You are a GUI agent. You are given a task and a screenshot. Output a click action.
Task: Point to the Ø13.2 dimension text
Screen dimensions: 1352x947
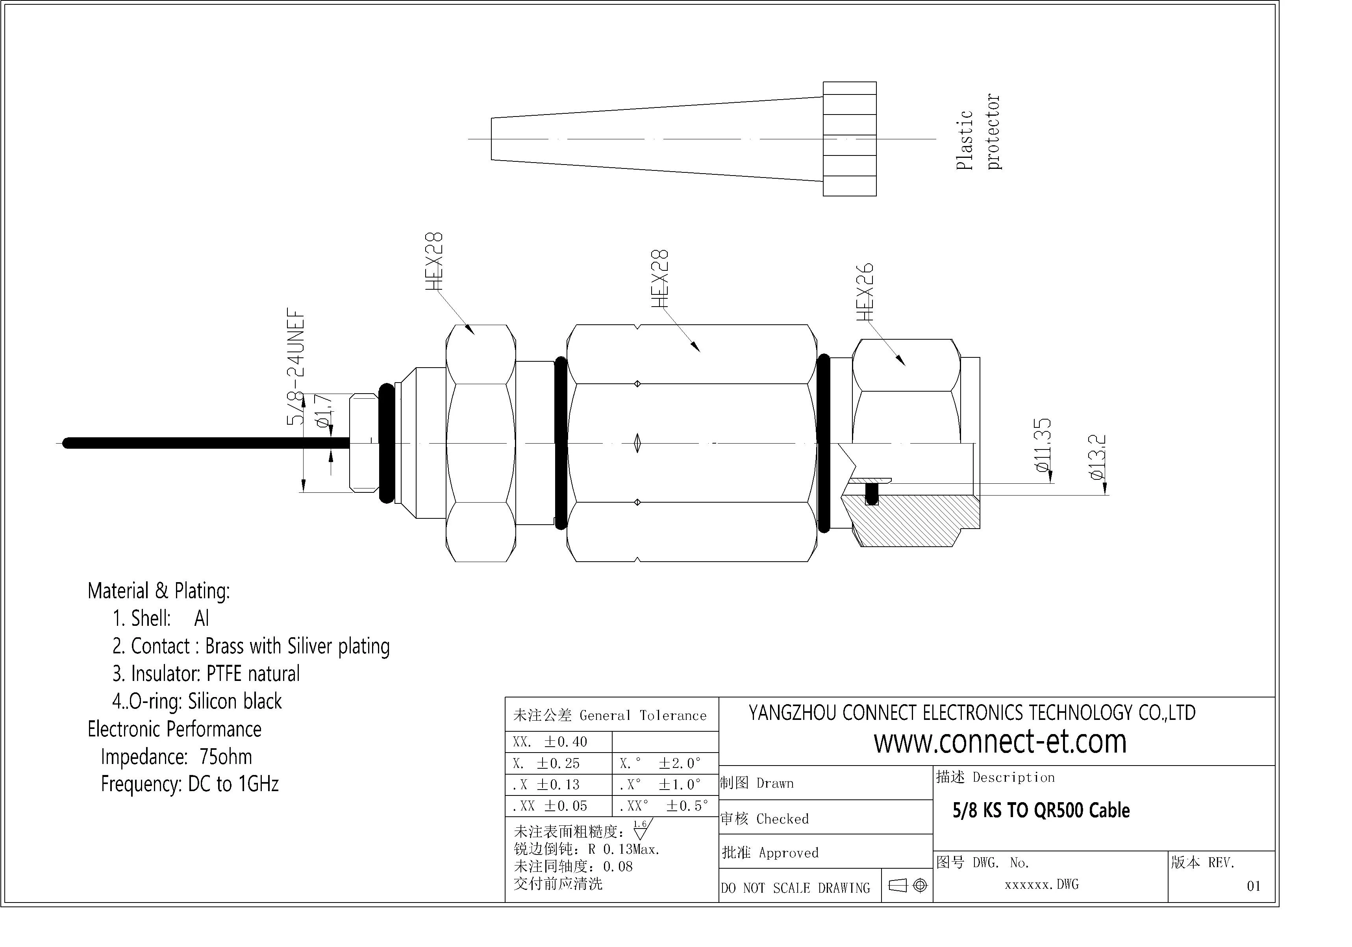point(1098,457)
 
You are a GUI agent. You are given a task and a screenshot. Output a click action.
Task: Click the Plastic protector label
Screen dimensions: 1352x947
point(978,132)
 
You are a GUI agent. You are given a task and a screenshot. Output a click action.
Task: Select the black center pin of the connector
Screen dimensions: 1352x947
point(206,443)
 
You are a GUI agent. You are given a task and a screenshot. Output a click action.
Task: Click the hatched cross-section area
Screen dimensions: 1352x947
point(910,520)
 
